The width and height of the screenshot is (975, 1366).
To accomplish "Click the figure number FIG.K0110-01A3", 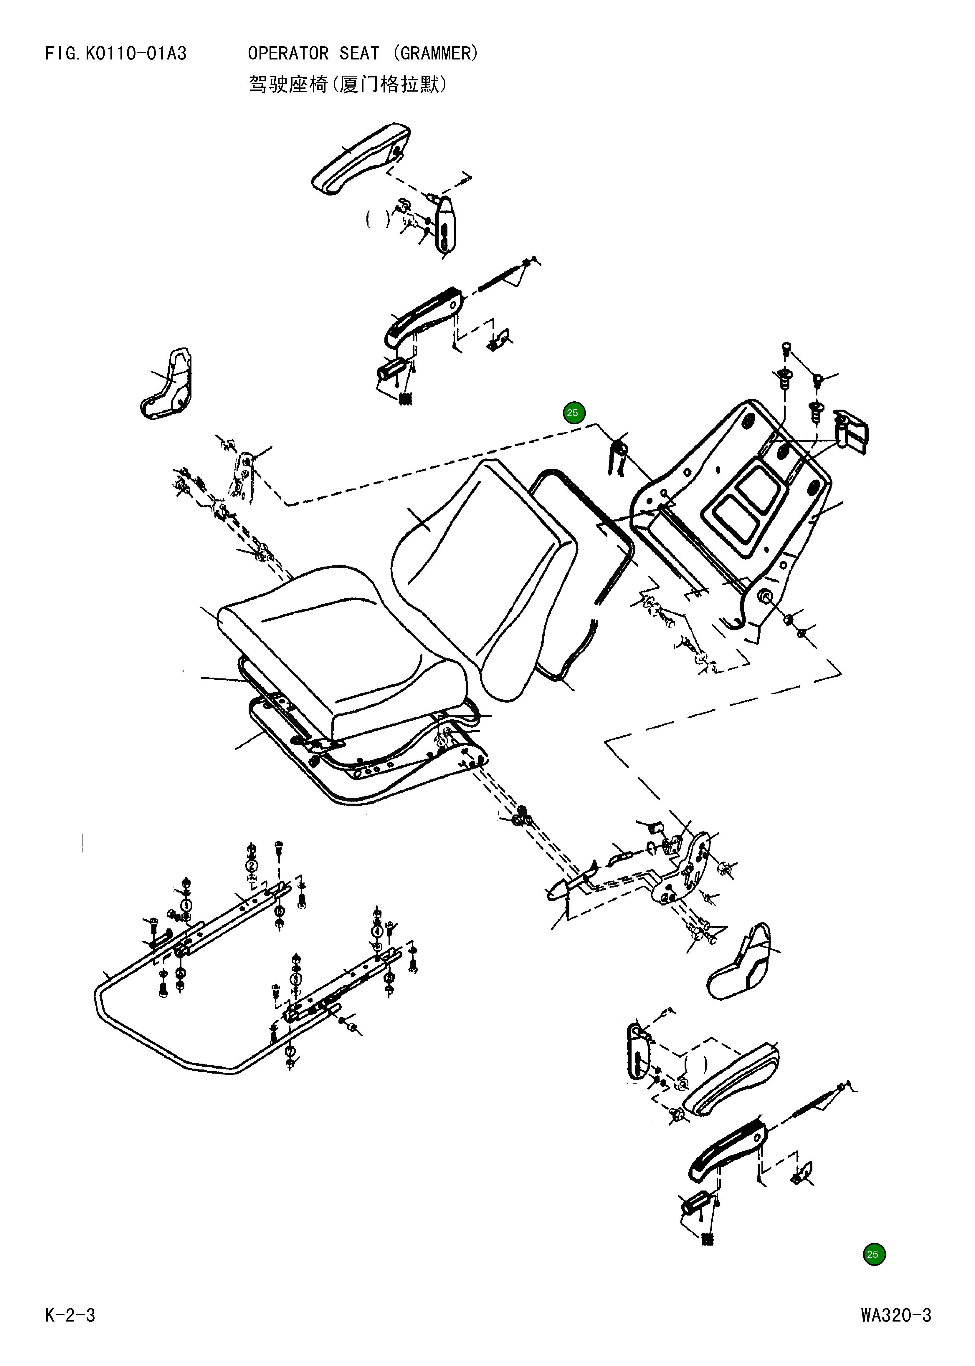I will pos(115,54).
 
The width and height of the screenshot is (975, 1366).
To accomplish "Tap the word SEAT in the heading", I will pos(359,54).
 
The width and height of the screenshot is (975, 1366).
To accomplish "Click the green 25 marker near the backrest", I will pos(573,413).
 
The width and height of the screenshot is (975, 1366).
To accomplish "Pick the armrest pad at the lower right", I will pos(733,1077).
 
